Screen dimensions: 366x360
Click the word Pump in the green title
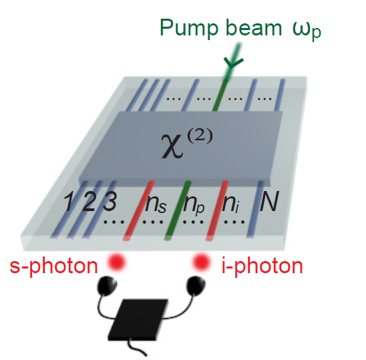pos(189,28)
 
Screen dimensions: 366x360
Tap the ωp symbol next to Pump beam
pos(307,30)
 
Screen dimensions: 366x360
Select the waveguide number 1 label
pos(68,202)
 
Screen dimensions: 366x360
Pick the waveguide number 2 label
pos(88,202)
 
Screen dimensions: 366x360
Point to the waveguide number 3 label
pos(110,202)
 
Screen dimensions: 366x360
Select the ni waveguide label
pos(230,202)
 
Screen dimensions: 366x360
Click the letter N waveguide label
pos(269,201)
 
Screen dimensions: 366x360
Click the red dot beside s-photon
pos(116,262)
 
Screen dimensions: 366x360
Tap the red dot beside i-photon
pos(201,262)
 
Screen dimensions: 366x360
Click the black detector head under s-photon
pos(107,285)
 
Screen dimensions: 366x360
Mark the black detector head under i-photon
pos(196,285)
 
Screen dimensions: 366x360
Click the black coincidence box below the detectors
pos(138,319)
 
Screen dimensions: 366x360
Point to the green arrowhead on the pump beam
pos(233,62)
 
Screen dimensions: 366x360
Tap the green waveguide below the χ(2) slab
pos(178,210)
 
